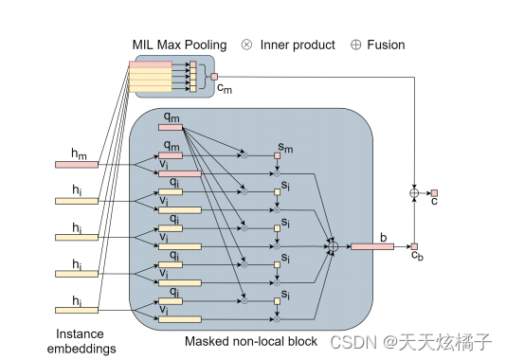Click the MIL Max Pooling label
181,45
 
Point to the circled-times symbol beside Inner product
247,45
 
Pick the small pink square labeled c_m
214,77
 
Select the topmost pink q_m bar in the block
171,127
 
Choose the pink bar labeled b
371,247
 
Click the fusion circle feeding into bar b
333,247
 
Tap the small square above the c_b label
414,246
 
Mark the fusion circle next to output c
414,193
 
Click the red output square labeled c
434,193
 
